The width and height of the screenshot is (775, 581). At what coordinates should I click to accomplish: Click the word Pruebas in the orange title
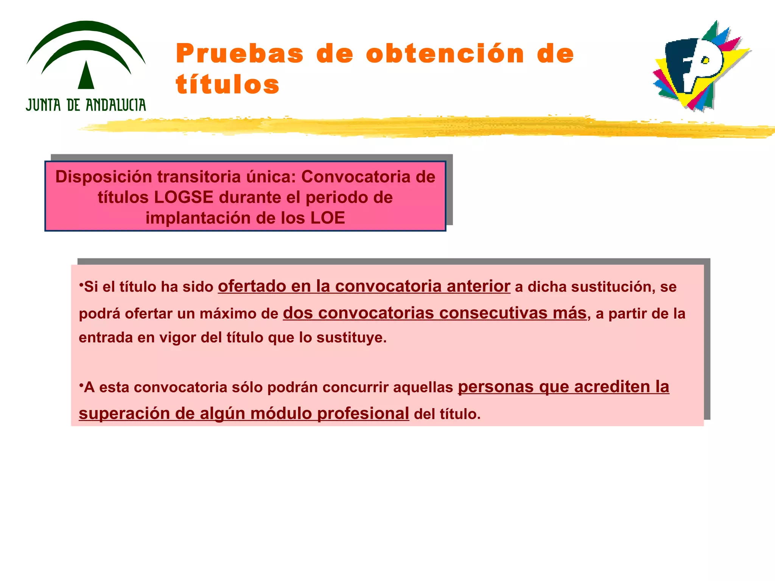pos(240,54)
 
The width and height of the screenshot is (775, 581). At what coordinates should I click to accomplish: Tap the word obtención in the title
pos(445,54)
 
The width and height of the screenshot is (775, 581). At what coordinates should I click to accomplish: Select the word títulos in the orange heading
pos(227,84)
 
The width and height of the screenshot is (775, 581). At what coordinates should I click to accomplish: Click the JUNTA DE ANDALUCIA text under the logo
pos(86,105)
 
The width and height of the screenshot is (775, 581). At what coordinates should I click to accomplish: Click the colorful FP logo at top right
pos(700,66)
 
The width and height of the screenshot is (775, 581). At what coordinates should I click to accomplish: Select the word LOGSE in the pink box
pos(184,197)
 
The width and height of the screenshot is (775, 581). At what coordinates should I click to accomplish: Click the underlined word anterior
pos(478,286)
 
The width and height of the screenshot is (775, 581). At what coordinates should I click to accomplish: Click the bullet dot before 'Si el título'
pos(81,284)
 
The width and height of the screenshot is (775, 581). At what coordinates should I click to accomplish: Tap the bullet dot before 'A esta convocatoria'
pos(81,384)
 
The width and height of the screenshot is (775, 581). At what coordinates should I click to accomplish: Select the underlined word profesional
pos(363,413)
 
